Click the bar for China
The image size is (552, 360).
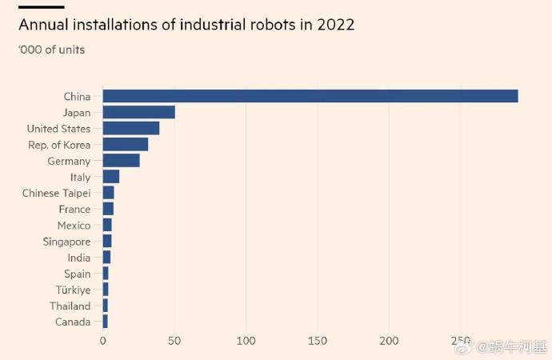pyautogui.click(x=310, y=96)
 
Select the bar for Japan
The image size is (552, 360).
pyautogui.click(x=139, y=112)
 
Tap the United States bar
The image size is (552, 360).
pyautogui.click(x=131, y=128)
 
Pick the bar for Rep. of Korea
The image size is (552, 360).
pyautogui.click(x=126, y=144)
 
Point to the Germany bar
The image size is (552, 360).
pyautogui.click(x=122, y=161)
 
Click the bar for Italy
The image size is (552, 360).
pyautogui.click(x=111, y=177)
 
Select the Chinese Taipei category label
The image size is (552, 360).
pyautogui.click(x=56, y=193)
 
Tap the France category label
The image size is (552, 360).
pyautogui.click(x=74, y=209)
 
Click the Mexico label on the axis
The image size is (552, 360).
pyautogui.click(x=74, y=226)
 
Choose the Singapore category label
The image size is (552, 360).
pyautogui.click(x=66, y=242)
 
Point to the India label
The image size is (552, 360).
pyautogui.click(x=78, y=258)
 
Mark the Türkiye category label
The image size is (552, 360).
pyautogui.click(x=73, y=290)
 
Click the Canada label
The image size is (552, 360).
pyautogui.click(x=72, y=322)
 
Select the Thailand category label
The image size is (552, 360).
pyautogui.click(x=70, y=306)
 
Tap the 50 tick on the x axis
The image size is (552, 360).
pyautogui.click(x=174, y=341)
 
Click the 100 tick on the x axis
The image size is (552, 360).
pyautogui.click(x=246, y=341)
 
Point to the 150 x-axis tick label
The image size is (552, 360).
pyautogui.click(x=318, y=341)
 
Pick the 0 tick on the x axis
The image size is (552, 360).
pyautogui.click(x=103, y=341)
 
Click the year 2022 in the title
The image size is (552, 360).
pyautogui.click(x=336, y=25)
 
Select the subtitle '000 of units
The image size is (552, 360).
pyautogui.click(x=51, y=50)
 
